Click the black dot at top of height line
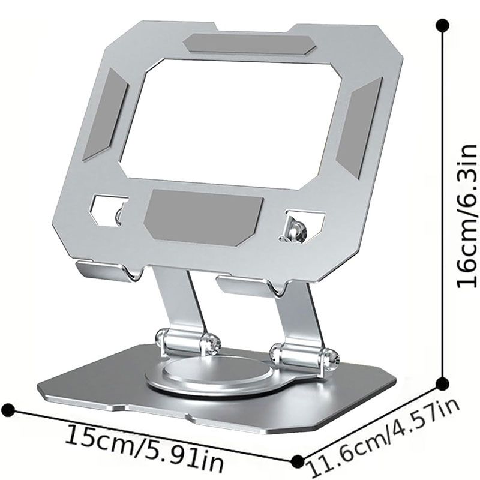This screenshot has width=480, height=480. pos(442,25)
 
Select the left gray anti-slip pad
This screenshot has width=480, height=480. pos(106,113)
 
